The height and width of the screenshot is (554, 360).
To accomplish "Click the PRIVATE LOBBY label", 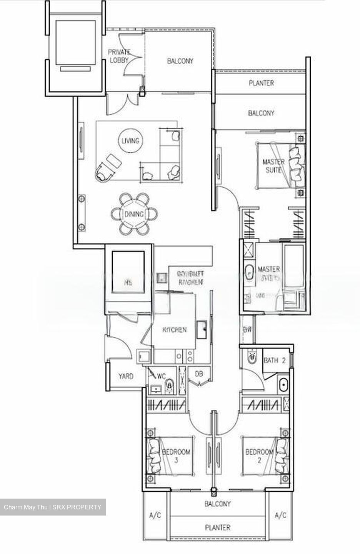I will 119,56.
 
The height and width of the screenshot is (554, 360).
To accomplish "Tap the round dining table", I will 134,214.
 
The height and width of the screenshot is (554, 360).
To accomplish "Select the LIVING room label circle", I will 130,141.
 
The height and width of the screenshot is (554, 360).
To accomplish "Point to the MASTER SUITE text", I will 273,165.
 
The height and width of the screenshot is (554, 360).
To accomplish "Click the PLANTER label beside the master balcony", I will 261,83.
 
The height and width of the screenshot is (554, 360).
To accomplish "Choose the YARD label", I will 126,376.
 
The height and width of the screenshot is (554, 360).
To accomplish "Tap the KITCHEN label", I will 175,330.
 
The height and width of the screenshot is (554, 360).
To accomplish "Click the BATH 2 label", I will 274,361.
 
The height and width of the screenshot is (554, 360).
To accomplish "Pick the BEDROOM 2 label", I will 259,456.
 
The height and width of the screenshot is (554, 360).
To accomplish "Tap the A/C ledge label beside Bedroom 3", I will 155,516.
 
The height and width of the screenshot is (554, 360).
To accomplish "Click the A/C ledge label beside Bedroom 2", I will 280,516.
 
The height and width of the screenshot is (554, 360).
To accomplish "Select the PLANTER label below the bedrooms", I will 218,528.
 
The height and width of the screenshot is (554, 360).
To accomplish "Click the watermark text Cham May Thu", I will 26,507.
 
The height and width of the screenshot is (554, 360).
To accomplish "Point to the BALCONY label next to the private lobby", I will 180,61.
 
